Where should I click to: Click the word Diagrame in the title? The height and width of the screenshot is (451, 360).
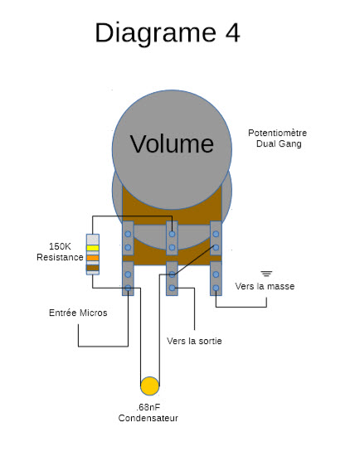pyautogui.click(x=155, y=33)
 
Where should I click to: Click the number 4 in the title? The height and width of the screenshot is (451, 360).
pyautogui.click(x=232, y=33)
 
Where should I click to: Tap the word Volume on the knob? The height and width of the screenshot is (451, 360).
pyautogui.click(x=172, y=143)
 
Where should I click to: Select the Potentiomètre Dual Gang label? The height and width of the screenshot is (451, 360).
pyautogui.click(x=278, y=138)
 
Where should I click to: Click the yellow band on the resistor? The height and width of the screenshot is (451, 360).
pyautogui.click(x=93, y=248)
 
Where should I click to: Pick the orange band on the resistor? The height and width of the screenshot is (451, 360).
pyautogui.click(x=93, y=258)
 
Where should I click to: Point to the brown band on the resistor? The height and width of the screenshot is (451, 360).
pyautogui.click(x=93, y=268)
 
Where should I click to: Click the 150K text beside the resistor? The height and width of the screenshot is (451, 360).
pyautogui.click(x=60, y=246)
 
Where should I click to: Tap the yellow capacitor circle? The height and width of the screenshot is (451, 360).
pyautogui.click(x=149, y=386)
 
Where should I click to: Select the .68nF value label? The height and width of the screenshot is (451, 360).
pyautogui.click(x=148, y=407)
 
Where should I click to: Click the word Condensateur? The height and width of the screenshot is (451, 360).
pyautogui.click(x=148, y=418)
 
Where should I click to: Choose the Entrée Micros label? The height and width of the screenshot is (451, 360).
pyautogui.click(x=78, y=313)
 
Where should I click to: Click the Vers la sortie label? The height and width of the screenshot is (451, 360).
pyautogui.click(x=194, y=341)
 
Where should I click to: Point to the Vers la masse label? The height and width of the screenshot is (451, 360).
pyautogui.click(x=265, y=286)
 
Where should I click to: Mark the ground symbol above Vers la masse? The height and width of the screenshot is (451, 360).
pyautogui.click(x=266, y=274)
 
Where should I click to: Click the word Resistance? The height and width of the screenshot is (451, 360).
pyautogui.click(x=60, y=257)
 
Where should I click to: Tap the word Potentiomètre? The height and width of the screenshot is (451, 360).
pyautogui.click(x=278, y=133)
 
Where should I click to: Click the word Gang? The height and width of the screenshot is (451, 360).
pyautogui.click(x=291, y=144)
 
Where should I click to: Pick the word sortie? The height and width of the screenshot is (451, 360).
pyautogui.click(x=210, y=341)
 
